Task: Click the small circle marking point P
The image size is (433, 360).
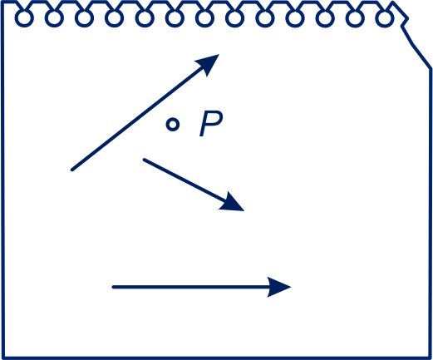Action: click(x=173, y=125)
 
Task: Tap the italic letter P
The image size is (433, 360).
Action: click(x=211, y=123)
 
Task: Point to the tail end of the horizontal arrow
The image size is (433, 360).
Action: click(x=113, y=287)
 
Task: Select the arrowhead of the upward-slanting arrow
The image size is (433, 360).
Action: click(x=209, y=63)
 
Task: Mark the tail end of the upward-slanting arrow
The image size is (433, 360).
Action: click(x=72, y=170)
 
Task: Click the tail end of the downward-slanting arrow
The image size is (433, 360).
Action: click(x=144, y=160)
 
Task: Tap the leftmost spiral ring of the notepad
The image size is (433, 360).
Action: click(x=24, y=18)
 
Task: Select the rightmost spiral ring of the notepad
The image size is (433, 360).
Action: click(x=385, y=18)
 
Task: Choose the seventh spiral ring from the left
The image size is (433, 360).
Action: click(x=204, y=18)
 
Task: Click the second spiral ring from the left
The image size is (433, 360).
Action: click(x=54, y=18)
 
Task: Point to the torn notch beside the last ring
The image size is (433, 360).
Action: click(x=405, y=22)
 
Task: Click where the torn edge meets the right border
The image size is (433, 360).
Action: click(x=431, y=68)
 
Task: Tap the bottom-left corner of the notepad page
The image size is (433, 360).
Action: click(x=2, y=358)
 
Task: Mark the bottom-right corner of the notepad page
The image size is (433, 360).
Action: click(x=431, y=358)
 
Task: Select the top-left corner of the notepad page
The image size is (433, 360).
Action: click(x=2, y=2)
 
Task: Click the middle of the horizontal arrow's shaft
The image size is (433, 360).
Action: click(x=190, y=287)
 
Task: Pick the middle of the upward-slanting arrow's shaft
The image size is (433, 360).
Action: click(x=138, y=118)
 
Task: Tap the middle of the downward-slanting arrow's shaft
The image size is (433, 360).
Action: click(x=185, y=180)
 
